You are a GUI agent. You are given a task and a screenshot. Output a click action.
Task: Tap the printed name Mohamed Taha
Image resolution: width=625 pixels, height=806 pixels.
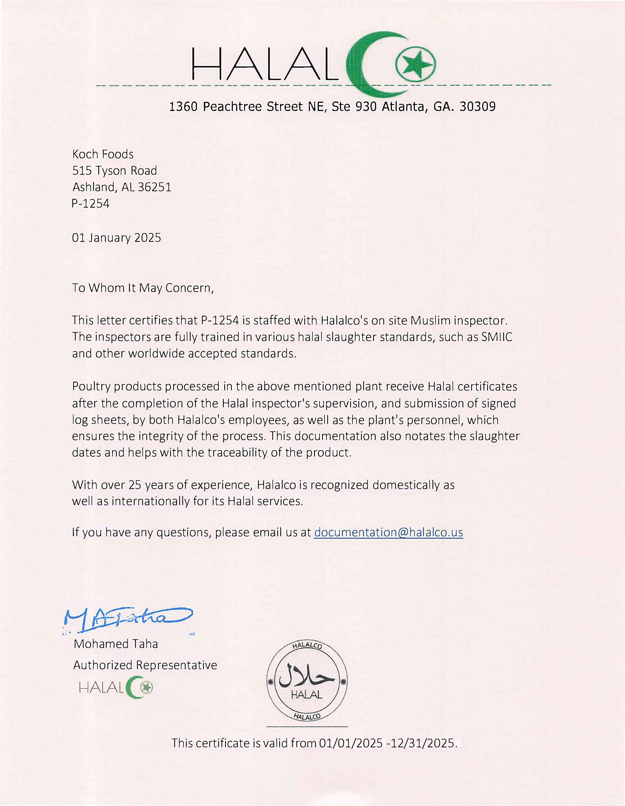coord(116,644)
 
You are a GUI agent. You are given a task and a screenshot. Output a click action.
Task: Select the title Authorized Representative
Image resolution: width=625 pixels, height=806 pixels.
coord(145,665)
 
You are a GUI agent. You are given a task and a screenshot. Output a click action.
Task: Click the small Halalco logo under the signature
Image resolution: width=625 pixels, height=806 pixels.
coord(116,687)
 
